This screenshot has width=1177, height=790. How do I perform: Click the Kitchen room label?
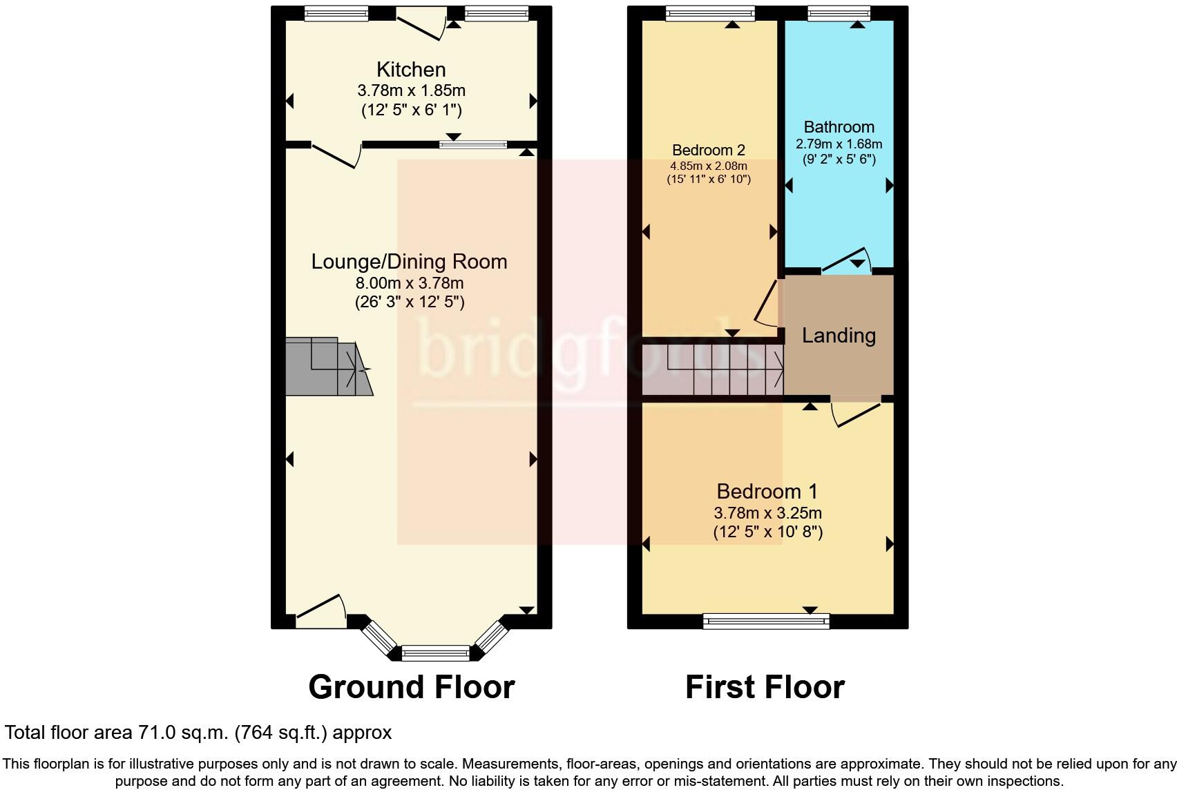coord(411,70)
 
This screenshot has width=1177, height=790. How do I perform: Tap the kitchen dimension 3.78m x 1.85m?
coord(411,90)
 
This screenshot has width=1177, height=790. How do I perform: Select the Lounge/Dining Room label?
coord(409,262)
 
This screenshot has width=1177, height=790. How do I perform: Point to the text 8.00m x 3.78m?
coord(409,283)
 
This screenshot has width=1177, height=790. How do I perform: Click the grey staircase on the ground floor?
coord(325,367)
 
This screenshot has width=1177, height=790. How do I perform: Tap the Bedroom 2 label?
coord(708,151)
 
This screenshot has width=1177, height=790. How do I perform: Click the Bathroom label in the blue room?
coord(839,127)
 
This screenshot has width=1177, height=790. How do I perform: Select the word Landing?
coord(839,336)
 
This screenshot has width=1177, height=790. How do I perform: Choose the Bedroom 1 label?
coord(767,492)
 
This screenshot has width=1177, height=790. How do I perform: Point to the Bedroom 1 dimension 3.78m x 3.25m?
coord(767,513)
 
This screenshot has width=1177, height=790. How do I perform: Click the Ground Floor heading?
coord(411,687)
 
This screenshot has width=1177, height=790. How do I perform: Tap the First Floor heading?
coord(765,687)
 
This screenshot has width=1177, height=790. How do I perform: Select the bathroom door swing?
coord(846,259)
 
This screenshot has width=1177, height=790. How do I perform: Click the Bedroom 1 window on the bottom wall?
coord(766,622)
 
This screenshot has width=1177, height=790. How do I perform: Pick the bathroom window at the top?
coord(839,13)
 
